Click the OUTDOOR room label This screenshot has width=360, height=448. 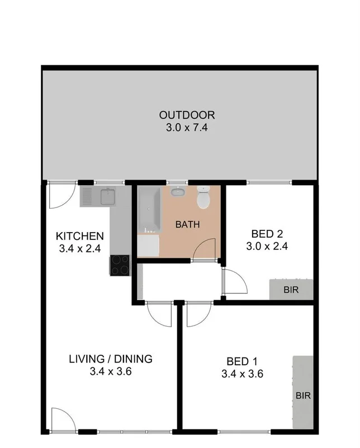click(x=187, y=115)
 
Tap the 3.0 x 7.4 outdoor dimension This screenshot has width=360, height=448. click(x=187, y=127)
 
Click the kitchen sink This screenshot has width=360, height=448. click(x=106, y=196)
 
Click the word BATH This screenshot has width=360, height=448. click(x=188, y=225)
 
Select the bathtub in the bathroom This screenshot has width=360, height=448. click(x=149, y=210)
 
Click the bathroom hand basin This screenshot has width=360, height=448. click(x=178, y=192)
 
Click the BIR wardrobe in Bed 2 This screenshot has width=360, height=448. click(x=291, y=290)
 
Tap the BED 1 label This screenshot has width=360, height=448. click(x=243, y=361)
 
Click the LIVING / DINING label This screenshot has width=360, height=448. click(x=110, y=359)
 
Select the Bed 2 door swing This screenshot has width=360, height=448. click(x=233, y=281)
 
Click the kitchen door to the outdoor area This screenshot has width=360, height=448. click(x=60, y=195)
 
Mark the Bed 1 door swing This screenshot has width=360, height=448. click(x=196, y=315)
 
